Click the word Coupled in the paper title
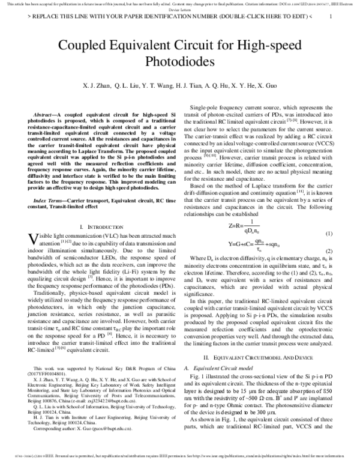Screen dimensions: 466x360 click(x=84, y=46)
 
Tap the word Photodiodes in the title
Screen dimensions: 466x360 click(x=179, y=61)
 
